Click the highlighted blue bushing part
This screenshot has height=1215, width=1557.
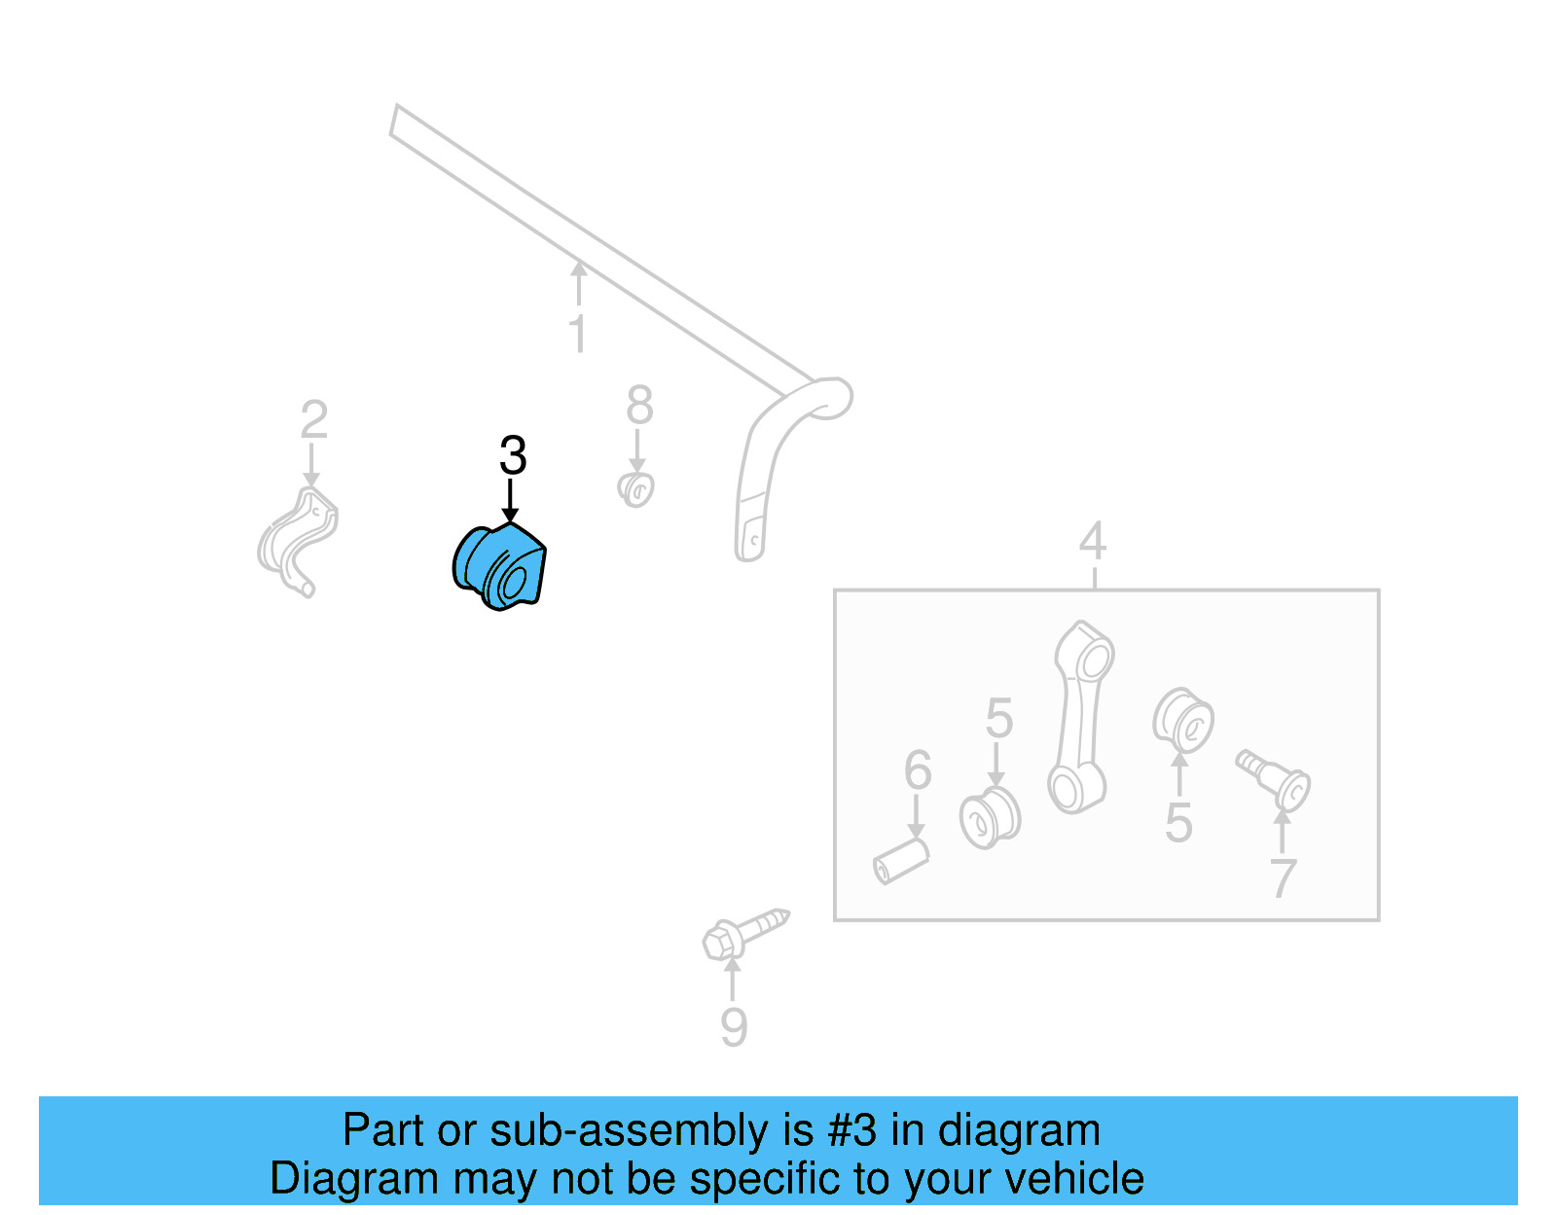point(500,567)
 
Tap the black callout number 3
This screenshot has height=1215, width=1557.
point(513,455)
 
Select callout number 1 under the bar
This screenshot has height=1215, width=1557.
point(578,334)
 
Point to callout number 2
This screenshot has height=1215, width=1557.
point(313,420)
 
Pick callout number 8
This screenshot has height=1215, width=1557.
point(639,406)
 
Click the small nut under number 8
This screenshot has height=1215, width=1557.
point(636,489)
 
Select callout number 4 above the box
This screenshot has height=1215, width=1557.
point(1093,541)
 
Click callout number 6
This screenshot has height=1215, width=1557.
point(918,770)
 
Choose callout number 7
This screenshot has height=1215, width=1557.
point(1284,878)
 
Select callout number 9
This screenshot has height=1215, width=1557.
point(734,1027)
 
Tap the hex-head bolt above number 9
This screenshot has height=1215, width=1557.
point(744,932)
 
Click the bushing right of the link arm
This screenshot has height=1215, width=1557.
point(1182,721)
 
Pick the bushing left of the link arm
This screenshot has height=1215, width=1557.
point(990,818)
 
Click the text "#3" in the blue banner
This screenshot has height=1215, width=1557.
point(851,1130)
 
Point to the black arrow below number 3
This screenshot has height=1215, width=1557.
point(510,502)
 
